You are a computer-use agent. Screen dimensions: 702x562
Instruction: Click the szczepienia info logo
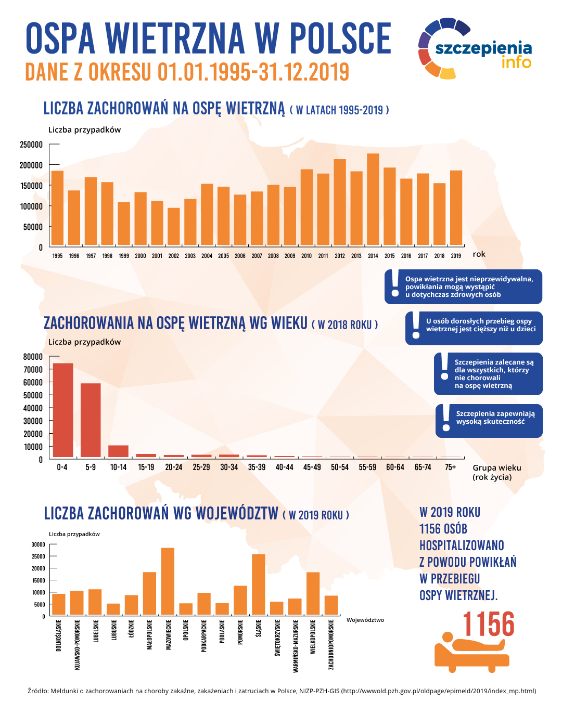click(x=475, y=49)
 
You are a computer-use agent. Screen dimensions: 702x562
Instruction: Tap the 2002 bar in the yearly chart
click(x=174, y=227)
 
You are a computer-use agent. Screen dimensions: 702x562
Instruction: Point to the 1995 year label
click(x=57, y=256)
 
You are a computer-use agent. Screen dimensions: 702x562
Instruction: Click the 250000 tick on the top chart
click(x=31, y=145)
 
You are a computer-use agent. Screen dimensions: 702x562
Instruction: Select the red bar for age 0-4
click(x=63, y=410)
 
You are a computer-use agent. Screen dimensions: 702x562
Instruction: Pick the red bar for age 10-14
click(x=118, y=451)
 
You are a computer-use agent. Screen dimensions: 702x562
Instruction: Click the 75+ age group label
click(x=450, y=467)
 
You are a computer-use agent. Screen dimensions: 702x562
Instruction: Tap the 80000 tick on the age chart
click(x=33, y=357)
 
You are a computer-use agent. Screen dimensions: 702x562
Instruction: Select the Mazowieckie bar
click(x=168, y=581)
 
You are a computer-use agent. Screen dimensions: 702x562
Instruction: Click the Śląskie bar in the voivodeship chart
click(x=259, y=584)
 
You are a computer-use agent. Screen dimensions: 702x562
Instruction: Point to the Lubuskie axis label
click(x=113, y=630)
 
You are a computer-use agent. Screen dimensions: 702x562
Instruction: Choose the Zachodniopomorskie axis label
click(x=331, y=644)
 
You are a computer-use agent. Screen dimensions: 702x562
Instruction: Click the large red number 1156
click(x=488, y=624)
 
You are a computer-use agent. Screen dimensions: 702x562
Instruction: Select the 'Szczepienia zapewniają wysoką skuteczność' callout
click(x=489, y=421)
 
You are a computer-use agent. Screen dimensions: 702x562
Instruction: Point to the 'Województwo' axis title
click(x=365, y=620)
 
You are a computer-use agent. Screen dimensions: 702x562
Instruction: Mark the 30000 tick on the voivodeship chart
click(x=39, y=544)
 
